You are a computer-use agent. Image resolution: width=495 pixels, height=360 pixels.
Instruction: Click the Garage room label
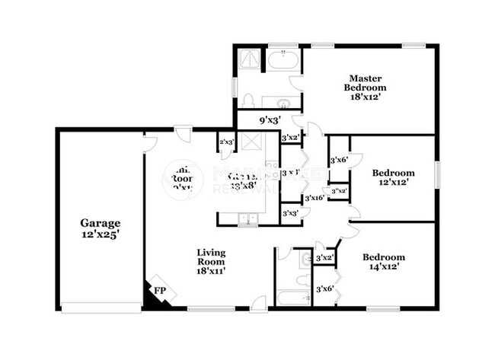coord(101,223)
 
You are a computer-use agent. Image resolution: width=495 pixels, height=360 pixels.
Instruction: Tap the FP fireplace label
coord(160,290)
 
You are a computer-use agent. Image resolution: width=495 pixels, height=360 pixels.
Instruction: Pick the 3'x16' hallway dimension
coord(315,198)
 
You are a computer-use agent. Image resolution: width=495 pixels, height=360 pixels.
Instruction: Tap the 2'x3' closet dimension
coord(225,142)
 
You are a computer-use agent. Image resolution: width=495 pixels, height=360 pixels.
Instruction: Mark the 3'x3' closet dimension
coord(290,214)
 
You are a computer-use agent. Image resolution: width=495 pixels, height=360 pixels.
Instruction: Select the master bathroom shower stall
coord(249,59)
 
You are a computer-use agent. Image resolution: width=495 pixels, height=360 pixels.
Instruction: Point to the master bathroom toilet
coord(247,100)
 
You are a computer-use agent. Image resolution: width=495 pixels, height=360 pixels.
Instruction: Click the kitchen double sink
coord(247,220)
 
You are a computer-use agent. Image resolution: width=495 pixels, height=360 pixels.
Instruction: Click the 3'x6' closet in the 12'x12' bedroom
coord(339,160)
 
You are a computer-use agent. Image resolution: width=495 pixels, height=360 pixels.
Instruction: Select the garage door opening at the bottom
coord(101,307)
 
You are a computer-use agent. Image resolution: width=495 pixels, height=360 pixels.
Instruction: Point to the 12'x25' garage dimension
coord(101,234)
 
